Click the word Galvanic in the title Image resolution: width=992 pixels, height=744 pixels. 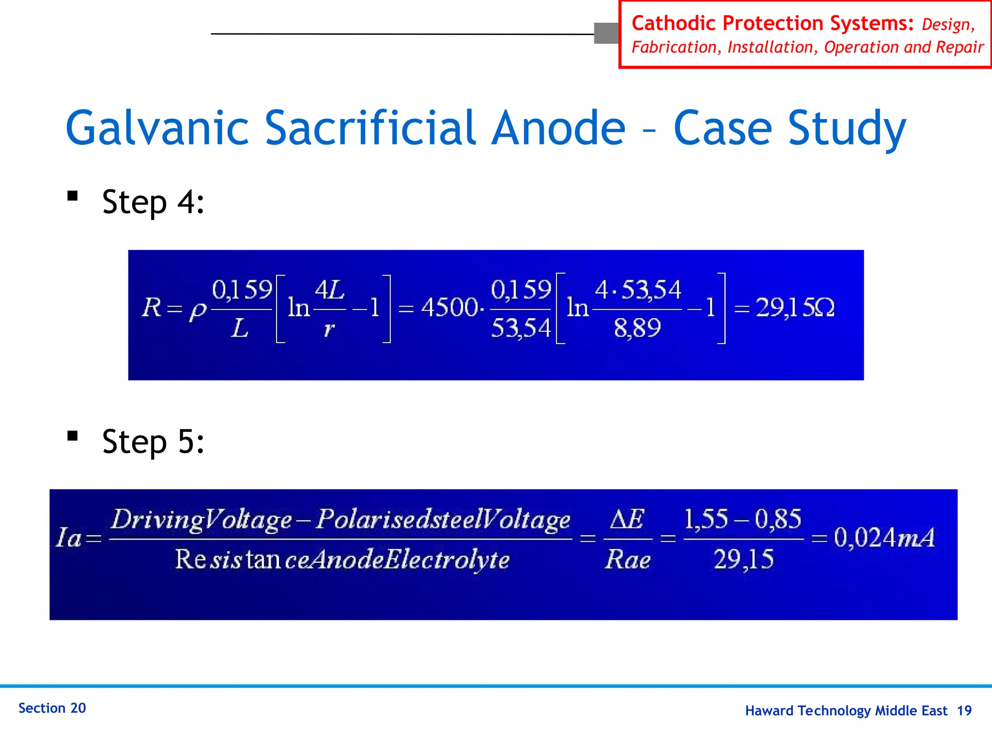157,129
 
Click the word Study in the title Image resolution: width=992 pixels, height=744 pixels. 847,129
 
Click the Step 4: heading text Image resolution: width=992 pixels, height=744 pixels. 153,202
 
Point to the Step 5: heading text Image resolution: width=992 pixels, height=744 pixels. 153,442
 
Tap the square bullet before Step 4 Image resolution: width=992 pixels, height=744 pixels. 73,196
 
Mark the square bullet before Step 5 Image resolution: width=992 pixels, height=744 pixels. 73,436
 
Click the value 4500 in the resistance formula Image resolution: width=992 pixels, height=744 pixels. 449,308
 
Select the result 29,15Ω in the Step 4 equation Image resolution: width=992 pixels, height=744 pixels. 795,308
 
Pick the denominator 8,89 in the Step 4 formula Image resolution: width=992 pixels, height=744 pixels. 637,328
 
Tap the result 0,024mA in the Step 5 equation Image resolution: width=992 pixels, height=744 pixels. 884,538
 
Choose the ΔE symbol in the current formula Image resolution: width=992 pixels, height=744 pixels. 627,519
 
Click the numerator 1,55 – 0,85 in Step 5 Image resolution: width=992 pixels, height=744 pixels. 743,519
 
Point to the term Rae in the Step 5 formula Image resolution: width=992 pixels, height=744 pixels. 627,560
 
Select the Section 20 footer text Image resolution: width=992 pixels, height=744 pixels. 52,708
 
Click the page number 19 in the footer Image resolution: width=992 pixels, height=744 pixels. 964,711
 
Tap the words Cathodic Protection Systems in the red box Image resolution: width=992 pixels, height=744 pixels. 772,23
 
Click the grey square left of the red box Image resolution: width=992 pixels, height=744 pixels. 606,33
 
